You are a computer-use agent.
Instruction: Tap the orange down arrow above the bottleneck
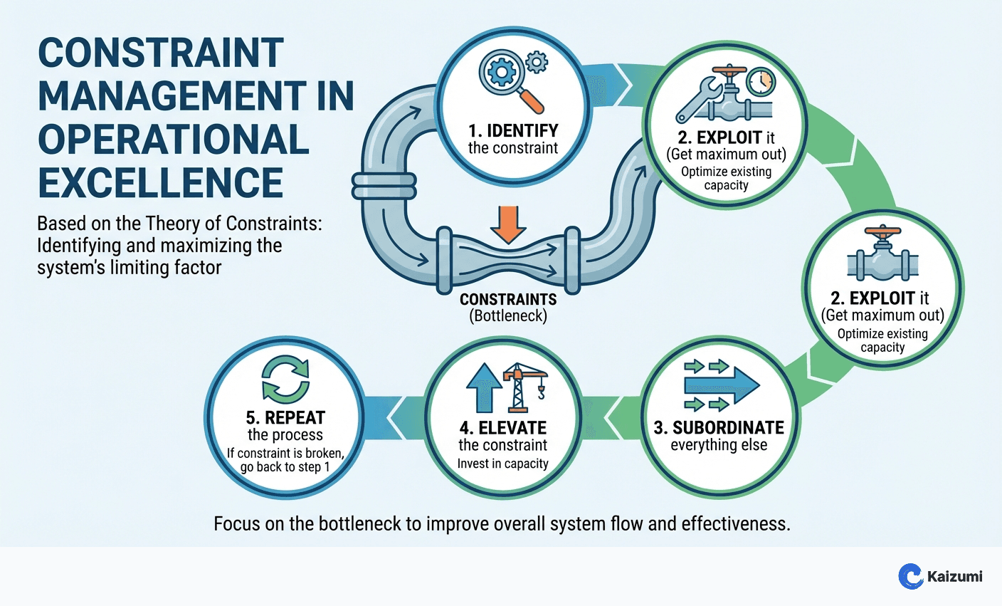508,224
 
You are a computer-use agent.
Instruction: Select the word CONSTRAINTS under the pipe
508,299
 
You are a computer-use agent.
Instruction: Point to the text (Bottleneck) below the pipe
508,316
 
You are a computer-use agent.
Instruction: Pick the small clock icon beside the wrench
761,81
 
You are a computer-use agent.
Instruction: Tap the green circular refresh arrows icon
285,380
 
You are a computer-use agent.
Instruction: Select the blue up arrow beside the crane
483,386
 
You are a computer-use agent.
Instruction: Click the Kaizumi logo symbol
910,576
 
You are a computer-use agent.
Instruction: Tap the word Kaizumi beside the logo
954,576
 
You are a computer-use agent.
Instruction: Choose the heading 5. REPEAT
285,418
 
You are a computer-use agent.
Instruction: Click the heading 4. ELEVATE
503,428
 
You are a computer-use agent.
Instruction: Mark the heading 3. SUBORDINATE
719,427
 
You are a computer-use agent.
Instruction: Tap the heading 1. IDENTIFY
513,130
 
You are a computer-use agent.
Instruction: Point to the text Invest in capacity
503,464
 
